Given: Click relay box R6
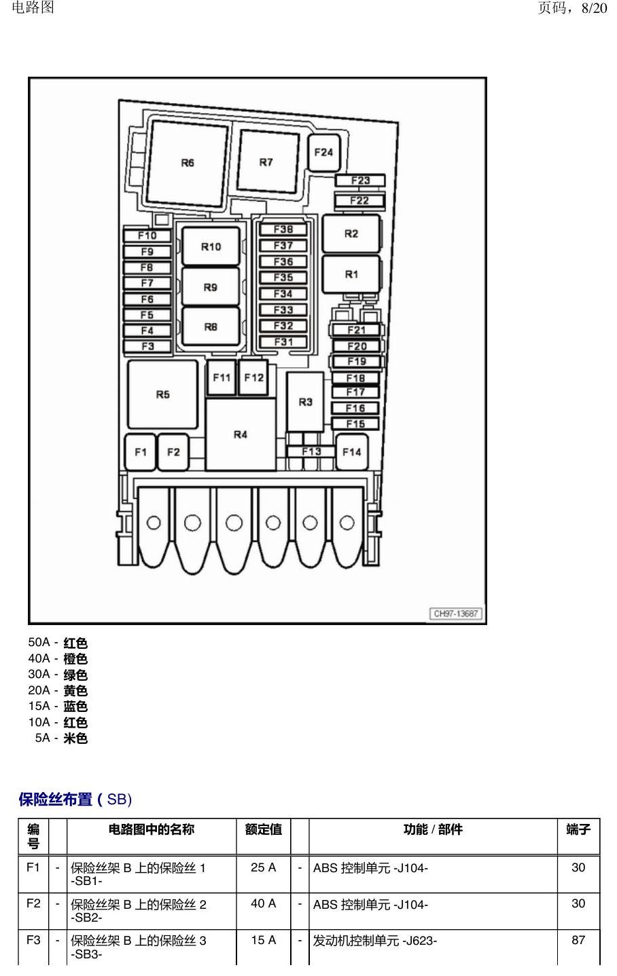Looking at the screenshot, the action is click(188, 164).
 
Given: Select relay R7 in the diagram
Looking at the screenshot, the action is click(268, 162).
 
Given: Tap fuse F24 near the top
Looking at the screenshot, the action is click(323, 153).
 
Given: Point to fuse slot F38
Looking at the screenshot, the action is click(283, 229).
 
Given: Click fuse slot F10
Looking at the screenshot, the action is click(147, 236).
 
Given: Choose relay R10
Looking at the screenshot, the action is click(211, 246).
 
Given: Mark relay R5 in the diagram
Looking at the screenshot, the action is click(163, 394).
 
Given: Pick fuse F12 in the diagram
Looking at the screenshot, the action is click(254, 377).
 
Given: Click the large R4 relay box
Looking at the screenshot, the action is click(241, 434).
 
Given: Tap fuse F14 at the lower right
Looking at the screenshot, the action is click(352, 452).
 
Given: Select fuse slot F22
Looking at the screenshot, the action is click(359, 201).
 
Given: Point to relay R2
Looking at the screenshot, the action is click(351, 234).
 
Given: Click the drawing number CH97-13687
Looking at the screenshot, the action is click(456, 614).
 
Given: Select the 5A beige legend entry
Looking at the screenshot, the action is click(62, 738).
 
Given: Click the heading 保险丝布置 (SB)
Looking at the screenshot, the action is click(75, 799).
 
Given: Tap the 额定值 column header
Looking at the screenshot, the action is click(264, 829).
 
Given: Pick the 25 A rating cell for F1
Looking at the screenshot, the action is click(264, 867).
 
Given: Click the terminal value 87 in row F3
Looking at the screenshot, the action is click(578, 940).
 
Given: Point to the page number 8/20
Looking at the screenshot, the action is click(595, 8).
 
